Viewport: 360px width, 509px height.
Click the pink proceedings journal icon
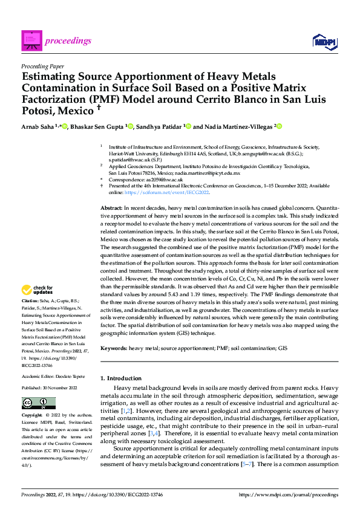click(30, 41)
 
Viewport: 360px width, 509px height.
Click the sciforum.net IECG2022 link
click(182, 192)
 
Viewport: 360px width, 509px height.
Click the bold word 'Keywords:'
click(114, 349)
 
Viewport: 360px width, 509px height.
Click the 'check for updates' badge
click(38, 290)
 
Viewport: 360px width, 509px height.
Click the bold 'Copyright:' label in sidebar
click(32, 417)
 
